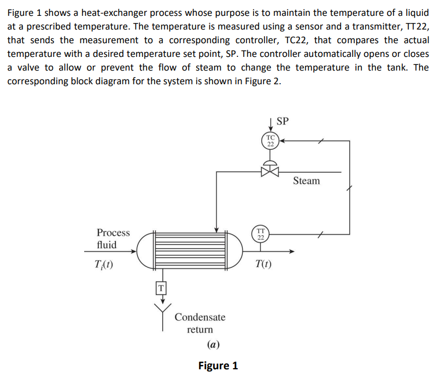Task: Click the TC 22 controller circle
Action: [270, 140]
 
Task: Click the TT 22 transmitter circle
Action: [261, 234]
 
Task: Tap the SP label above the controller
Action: [283, 120]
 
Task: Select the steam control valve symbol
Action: [270, 171]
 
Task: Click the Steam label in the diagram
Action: [306, 181]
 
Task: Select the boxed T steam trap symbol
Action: [161, 287]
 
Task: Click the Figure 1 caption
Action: [218, 365]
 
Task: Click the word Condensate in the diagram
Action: [200, 317]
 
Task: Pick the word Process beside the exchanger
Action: [113, 233]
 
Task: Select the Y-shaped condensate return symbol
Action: [162, 313]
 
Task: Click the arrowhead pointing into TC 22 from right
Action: [283, 141]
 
